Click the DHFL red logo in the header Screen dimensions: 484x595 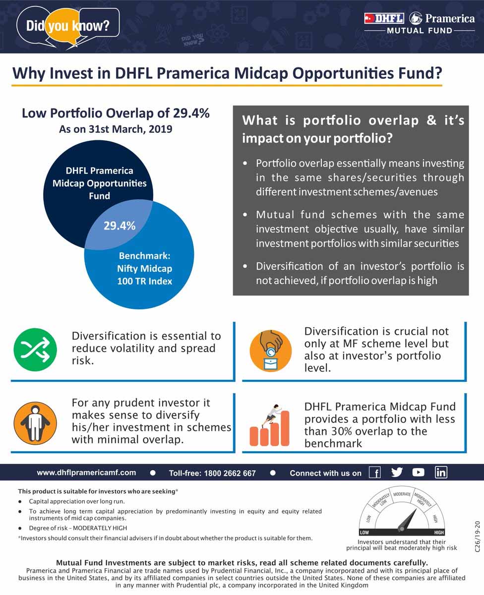click(384, 18)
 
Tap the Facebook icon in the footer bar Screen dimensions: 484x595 click(375, 473)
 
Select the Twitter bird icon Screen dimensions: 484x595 click(397, 472)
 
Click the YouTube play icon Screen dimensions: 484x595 click(418, 472)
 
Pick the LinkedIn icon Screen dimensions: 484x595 click(441, 472)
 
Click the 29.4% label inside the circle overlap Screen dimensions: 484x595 click(120, 226)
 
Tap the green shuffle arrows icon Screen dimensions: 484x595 click(35, 350)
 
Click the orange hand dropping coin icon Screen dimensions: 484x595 click(270, 351)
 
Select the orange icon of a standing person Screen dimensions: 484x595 click(35, 423)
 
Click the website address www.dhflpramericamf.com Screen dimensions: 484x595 click(86, 473)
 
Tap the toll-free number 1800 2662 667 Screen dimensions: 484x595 click(230, 473)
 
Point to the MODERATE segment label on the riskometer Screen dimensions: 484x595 click(402, 494)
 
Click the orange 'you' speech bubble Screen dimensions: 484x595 click(63, 27)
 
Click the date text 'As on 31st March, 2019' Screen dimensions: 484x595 click(116, 129)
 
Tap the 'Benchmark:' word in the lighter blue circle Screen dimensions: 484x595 click(145, 255)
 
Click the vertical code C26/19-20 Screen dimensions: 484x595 click(477, 536)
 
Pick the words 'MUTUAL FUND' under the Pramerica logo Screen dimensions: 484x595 click(420, 31)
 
